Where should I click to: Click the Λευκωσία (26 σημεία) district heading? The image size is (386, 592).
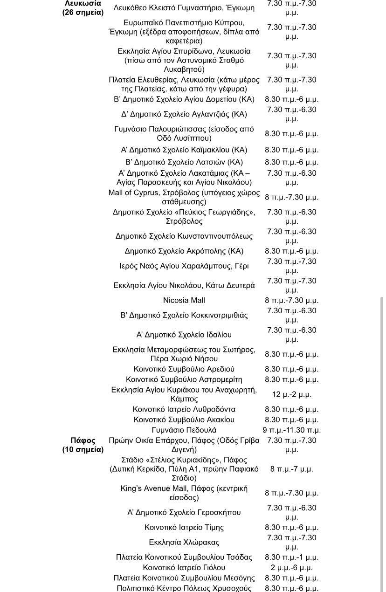click(x=83, y=8)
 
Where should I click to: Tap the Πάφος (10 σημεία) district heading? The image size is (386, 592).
click(x=83, y=445)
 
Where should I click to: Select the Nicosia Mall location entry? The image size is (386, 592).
click(x=184, y=300)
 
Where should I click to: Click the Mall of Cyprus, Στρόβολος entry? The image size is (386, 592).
click(x=184, y=197)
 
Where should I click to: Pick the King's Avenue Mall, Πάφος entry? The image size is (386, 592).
click(x=184, y=493)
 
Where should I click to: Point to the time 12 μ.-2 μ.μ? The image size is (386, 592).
click(x=292, y=394)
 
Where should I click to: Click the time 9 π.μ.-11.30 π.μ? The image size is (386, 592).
click(x=292, y=430)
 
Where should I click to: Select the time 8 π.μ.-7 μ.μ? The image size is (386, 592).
click(x=292, y=469)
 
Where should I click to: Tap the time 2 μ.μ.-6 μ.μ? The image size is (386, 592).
click(x=292, y=568)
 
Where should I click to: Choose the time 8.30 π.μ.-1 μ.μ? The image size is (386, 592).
click(x=292, y=558)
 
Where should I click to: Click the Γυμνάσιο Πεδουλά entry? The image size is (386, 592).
click(x=184, y=430)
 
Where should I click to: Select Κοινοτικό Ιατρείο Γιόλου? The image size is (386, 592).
click(x=184, y=568)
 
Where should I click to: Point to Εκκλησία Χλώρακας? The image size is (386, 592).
click(x=184, y=543)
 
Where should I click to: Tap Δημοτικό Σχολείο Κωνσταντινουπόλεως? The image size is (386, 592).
click(x=184, y=236)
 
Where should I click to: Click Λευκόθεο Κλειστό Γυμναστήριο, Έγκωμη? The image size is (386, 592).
click(x=184, y=8)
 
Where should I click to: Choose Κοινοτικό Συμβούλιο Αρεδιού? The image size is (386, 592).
click(x=184, y=369)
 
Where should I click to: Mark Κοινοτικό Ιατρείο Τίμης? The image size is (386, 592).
click(x=184, y=528)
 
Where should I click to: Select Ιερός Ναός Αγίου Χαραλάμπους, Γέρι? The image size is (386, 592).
click(x=184, y=266)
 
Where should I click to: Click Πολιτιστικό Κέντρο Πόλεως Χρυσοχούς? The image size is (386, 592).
click(x=184, y=588)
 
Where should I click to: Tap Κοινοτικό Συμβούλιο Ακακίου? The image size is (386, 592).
click(x=184, y=420)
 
